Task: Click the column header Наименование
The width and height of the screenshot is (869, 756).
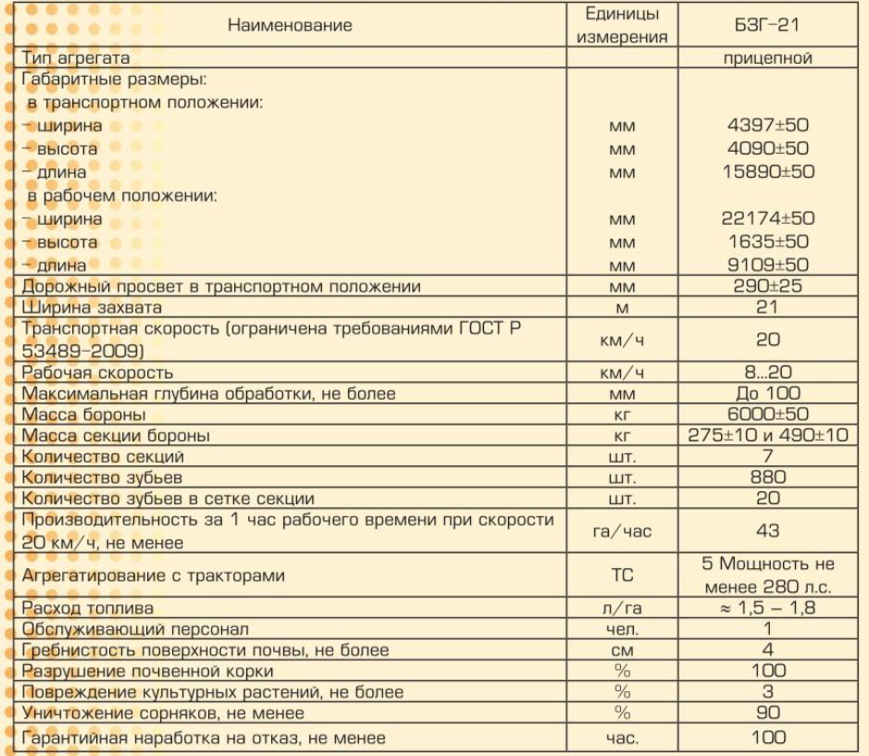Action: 290,26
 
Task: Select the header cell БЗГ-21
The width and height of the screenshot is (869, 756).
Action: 767,26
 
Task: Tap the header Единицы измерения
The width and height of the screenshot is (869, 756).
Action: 622,26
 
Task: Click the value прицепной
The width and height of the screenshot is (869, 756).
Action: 767,58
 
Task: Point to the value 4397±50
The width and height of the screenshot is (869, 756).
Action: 767,125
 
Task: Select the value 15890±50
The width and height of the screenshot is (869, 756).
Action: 767,172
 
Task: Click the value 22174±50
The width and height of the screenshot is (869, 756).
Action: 767,219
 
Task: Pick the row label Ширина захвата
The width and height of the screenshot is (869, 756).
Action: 92,307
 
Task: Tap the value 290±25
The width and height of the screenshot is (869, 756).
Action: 767,287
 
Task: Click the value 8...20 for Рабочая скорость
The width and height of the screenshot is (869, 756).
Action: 767,373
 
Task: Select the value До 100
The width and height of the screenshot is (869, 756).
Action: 767,394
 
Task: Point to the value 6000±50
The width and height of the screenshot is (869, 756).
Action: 767,415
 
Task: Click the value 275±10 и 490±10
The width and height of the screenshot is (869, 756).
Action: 767,436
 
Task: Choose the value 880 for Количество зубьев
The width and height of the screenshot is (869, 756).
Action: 767,477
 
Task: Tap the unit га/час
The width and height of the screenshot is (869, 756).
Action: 622,531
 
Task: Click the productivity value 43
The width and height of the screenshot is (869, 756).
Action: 767,531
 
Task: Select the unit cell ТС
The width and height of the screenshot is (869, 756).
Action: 622,576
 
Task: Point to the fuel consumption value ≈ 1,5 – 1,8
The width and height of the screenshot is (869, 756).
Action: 767,608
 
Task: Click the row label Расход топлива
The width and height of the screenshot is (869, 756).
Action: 88,608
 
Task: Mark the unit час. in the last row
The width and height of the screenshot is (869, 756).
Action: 622,738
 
